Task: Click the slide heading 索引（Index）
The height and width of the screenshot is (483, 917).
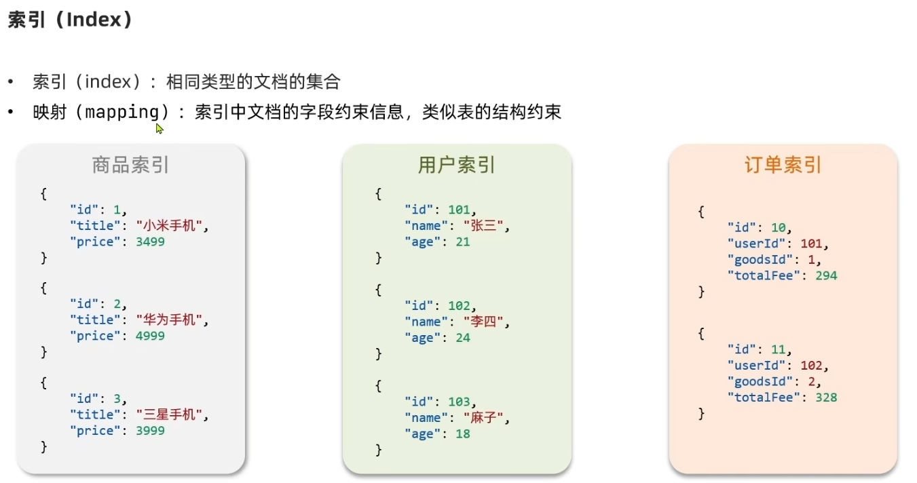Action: [x=70, y=20]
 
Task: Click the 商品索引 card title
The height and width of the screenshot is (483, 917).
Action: [x=130, y=165]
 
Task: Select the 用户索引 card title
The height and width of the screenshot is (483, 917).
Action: [x=456, y=165]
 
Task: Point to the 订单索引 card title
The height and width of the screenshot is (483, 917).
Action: [x=783, y=165]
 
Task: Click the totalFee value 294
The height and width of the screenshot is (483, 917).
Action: [x=826, y=275]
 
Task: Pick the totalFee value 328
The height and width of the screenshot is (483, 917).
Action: [x=826, y=398]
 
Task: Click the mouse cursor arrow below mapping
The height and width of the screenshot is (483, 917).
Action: [x=159, y=128]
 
